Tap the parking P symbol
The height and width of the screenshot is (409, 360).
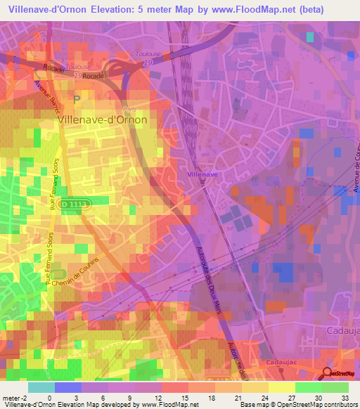coord(77,100)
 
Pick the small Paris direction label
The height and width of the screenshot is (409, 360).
coord(129,110)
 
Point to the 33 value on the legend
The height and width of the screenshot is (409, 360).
coord(345,398)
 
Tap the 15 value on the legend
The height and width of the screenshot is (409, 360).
coord(190,398)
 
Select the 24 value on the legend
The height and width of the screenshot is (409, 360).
coord(268,398)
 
